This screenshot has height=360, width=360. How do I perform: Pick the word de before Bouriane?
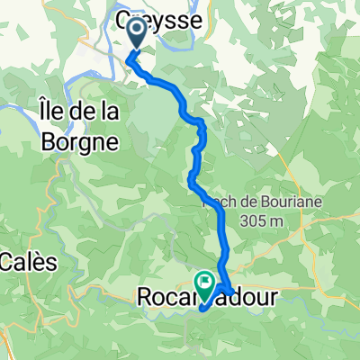pyautogui.click(x=230, y=201)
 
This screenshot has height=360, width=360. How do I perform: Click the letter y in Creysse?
pyautogui.click(x=147, y=16)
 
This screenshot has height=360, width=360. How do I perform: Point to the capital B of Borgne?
pyautogui.click(x=49, y=141)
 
